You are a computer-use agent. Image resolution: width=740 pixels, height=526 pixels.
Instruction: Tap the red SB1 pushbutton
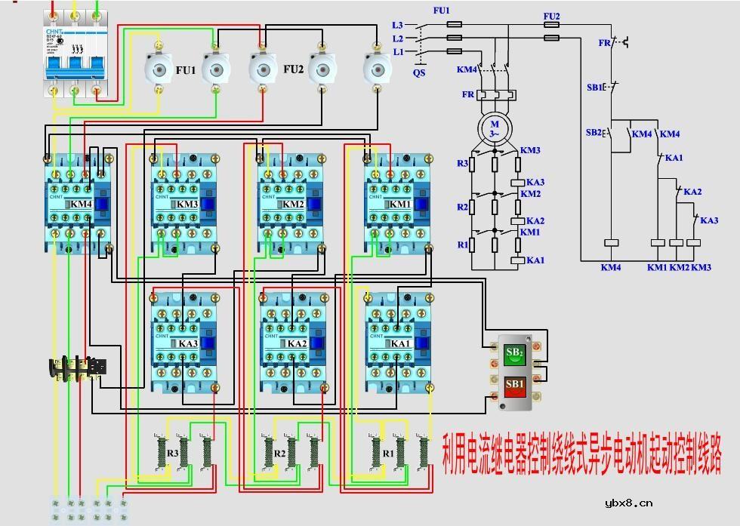[514, 385]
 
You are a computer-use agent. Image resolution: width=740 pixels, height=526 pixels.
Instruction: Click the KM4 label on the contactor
[81, 205]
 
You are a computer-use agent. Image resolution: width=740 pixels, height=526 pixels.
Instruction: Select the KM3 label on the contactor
[187, 205]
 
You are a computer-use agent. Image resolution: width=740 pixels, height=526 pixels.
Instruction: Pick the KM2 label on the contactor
[292, 205]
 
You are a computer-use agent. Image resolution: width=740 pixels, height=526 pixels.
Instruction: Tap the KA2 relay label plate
[296, 344]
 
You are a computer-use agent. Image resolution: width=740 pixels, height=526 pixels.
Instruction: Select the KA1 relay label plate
[400, 344]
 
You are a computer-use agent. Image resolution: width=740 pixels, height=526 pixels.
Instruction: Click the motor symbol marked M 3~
[495, 128]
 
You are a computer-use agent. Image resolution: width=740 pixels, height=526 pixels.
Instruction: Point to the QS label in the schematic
[419, 73]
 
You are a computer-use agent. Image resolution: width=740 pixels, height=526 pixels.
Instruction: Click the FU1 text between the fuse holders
[185, 70]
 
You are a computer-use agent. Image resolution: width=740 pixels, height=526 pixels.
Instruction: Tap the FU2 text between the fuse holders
[293, 69]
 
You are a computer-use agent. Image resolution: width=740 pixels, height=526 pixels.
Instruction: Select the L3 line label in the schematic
[398, 25]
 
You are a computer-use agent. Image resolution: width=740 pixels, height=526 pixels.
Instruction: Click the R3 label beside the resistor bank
[173, 454]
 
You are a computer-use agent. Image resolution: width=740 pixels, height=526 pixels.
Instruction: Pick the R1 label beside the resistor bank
[388, 454]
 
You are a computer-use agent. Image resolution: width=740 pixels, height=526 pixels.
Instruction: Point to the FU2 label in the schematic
[551, 16]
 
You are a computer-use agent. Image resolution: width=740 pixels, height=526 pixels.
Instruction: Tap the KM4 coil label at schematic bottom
[610, 268]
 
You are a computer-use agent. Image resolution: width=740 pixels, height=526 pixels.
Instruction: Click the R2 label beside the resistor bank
[279, 454]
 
